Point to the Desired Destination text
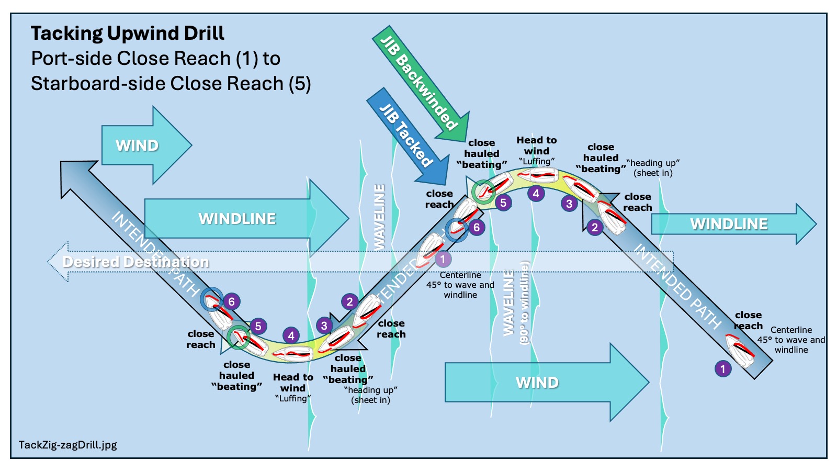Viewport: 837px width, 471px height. pyautogui.click(x=135, y=262)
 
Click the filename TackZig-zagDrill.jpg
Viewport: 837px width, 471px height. pyautogui.click(x=67, y=445)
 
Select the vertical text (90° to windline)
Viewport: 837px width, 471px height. pyautogui.click(x=525, y=302)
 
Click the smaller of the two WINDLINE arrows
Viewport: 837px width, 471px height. pyautogui.click(x=732, y=224)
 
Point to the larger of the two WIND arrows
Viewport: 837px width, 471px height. pyautogui.click(x=544, y=383)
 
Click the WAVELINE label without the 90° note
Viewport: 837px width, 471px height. pyautogui.click(x=380, y=217)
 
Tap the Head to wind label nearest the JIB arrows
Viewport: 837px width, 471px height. pyautogui.click(x=536, y=145)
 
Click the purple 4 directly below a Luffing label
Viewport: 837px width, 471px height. pyautogui.click(x=536, y=194)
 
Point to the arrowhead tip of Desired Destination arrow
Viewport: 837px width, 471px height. pyautogui.click(x=49, y=261)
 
